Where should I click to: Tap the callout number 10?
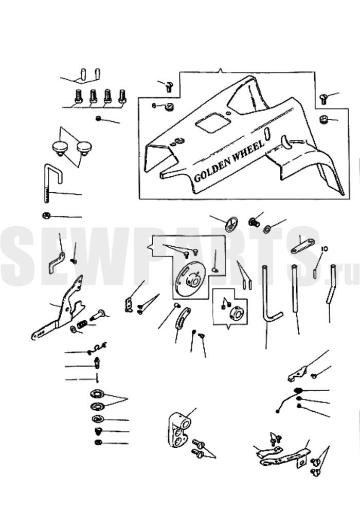324,249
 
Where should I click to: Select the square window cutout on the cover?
213,122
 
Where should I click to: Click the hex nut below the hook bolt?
46,215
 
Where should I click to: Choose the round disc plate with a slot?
190,275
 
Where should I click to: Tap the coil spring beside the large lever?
82,324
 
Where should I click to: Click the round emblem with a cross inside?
231,224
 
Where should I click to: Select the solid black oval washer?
298,390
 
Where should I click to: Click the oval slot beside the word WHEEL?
267,134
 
